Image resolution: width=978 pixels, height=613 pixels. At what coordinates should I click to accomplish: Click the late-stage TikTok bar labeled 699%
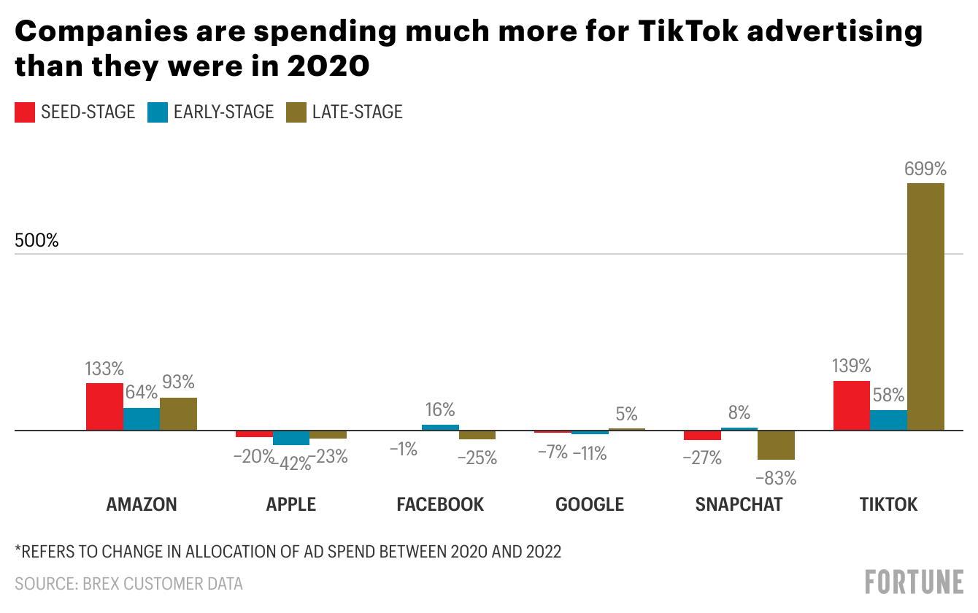coord(925,306)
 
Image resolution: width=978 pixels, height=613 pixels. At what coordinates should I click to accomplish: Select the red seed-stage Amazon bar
coord(104,406)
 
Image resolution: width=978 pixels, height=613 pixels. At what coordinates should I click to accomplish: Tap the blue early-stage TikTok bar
coord(888,420)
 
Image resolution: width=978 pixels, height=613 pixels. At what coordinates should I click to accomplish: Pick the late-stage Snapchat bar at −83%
coord(776,445)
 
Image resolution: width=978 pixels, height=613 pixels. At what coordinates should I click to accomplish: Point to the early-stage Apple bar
coord(291,438)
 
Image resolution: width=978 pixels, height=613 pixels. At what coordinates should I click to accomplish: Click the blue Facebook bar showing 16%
coord(440,428)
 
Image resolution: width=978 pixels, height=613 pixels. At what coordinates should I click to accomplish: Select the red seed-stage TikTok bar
coord(852,406)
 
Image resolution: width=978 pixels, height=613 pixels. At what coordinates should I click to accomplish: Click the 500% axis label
coord(36,240)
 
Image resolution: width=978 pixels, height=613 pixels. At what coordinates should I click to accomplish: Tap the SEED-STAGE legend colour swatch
coord(25,112)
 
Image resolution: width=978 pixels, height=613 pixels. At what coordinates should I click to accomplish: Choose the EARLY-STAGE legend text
coord(223,112)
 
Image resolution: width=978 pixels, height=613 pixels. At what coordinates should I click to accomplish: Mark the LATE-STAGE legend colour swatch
coord(296,112)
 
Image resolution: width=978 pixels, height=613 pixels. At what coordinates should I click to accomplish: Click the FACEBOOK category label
coord(440,504)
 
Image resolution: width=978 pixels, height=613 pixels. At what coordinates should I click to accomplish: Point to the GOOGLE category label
coord(590,504)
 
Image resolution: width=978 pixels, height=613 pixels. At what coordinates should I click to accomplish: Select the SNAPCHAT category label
coord(739,504)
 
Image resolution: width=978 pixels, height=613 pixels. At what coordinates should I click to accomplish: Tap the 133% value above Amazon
coord(105,368)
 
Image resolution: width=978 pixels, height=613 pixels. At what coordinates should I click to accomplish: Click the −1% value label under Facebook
coord(403,450)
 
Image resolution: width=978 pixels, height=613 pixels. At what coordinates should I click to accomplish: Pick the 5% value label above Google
coord(627,414)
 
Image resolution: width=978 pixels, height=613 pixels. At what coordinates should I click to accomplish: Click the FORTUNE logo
coord(914,582)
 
